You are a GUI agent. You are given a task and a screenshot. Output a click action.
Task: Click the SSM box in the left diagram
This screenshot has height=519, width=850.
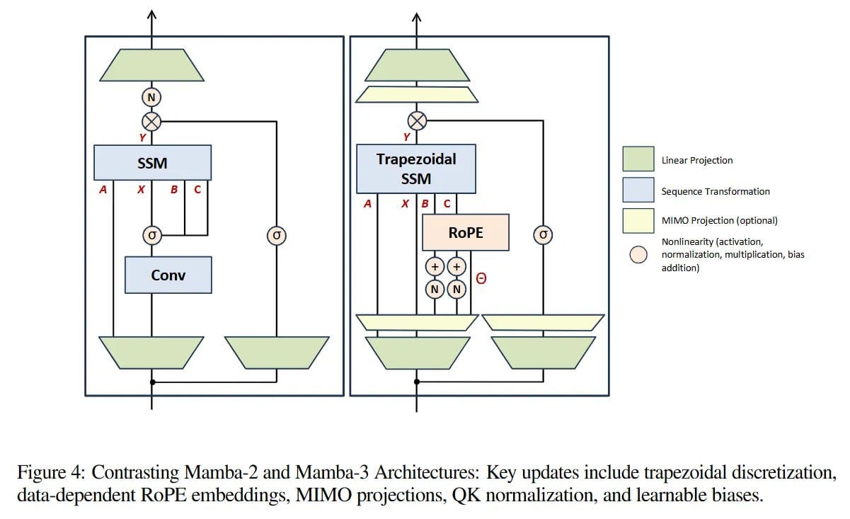pyautogui.click(x=152, y=163)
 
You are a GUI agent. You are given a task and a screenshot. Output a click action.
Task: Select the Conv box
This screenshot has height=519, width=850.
pyautogui.click(x=168, y=275)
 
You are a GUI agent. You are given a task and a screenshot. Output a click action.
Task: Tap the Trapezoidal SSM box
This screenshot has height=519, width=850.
pyautogui.click(x=415, y=169)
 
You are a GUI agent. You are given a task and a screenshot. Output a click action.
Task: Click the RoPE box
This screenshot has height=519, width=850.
pyautogui.click(x=465, y=232)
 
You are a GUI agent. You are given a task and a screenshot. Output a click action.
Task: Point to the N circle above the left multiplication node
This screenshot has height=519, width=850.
pyautogui.click(x=152, y=97)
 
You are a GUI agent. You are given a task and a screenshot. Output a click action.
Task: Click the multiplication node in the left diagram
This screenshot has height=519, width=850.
pyautogui.click(x=152, y=121)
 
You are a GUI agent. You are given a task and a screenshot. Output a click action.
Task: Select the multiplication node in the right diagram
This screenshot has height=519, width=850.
pyautogui.click(x=417, y=121)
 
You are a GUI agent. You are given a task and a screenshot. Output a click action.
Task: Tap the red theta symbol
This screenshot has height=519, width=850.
pyautogui.click(x=481, y=279)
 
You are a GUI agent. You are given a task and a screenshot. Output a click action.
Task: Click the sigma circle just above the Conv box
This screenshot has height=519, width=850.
pyautogui.click(x=151, y=234)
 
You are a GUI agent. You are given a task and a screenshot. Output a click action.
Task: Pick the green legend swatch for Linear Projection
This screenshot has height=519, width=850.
pyautogui.click(x=638, y=159)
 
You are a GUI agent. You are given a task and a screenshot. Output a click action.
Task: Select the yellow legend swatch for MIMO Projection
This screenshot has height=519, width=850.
pyautogui.click(x=638, y=220)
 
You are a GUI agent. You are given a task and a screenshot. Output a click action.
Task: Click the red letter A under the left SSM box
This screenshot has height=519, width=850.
pyautogui.click(x=103, y=190)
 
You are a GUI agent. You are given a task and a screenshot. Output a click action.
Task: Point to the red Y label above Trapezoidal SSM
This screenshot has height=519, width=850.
pyautogui.click(x=406, y=137)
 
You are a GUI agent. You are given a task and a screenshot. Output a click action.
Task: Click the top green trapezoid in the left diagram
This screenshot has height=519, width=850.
pyautogui.click(x=152, y=65)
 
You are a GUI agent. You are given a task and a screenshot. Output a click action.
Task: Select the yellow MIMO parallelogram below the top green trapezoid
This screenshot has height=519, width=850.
pyautogui.click(x=416, y=94)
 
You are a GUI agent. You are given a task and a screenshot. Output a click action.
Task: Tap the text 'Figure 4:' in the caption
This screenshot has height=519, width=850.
pyautogui.click(x=52, y=472)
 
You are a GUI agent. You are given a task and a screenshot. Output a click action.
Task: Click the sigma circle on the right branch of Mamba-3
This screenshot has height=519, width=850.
pyautogui.click(x=543, y=235)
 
